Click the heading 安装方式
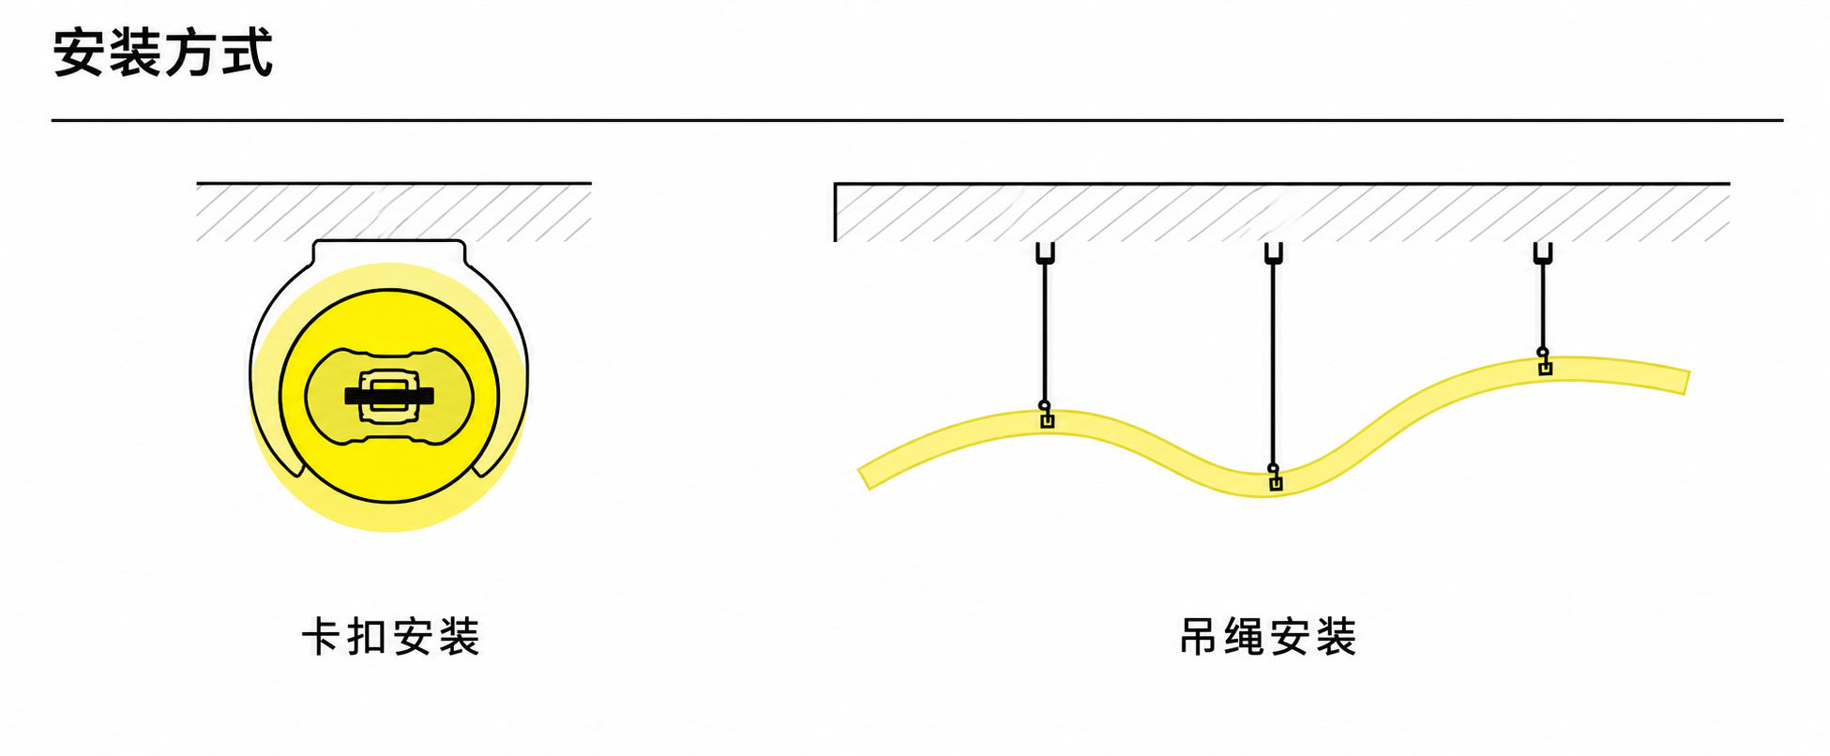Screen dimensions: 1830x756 [x=163, y=53]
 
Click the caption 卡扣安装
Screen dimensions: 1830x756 [x=390, y=637]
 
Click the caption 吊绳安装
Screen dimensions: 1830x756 [x=1268, y=637]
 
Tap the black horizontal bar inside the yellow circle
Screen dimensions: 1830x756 [x=389, y=396]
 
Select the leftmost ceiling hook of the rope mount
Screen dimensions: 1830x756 [x=1045, y=253]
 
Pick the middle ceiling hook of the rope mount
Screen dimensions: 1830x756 [x=1273, y=253]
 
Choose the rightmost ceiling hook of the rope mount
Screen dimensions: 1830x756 [x=1543, y=253]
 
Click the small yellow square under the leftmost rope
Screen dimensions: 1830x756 [x=1048, y=422]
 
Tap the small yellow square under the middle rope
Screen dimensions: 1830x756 [x=1276, y=484]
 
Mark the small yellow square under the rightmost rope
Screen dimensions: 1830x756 [x=1546, y=369]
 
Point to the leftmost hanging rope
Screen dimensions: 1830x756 [x=1045, y=333]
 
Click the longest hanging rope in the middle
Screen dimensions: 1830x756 [x=1273, y=364]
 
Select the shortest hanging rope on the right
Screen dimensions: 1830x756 [x=1543, y=306]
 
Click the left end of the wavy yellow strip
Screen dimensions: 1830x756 [x=865, y=478]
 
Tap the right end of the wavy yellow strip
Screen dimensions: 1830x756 [x=1686, y=383]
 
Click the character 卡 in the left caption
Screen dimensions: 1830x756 [x=320, y=637]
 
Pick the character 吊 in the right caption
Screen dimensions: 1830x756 [x=1198, y=637]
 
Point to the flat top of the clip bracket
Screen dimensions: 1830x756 [x=388, y=241]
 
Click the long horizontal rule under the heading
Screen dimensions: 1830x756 [x=916, y=120]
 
